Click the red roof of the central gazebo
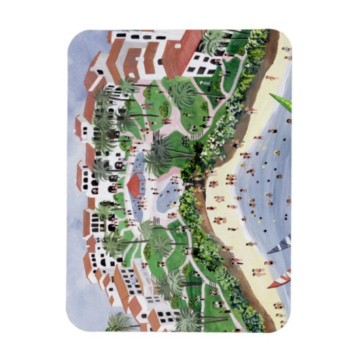tap(139, 183)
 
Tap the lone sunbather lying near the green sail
tap(272, 78)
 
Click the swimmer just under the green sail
tap(288, 121)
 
